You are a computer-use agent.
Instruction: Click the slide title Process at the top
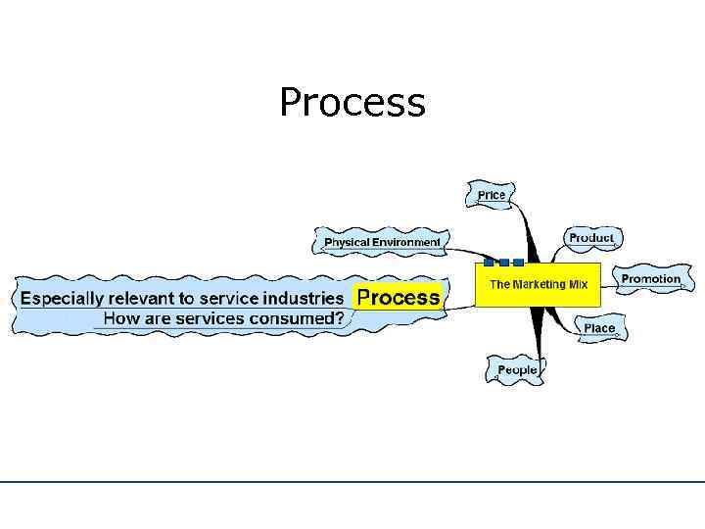pos(352,103)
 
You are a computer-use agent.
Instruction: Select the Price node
pos(492,195)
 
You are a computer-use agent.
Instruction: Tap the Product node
pos(591,238)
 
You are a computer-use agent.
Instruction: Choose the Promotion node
pos(650,279)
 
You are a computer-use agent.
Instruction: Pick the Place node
pos(599,328)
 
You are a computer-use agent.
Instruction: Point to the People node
pos(517,370)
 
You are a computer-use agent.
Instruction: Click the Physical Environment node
pos(382,242)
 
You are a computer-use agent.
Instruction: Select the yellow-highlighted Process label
pos(398,298)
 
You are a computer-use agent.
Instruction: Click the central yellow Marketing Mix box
pos(539,285)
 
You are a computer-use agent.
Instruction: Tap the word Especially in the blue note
pos(65,299)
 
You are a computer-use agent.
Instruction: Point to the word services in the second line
pos(197,318)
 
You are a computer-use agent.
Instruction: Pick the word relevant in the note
pos(145,299)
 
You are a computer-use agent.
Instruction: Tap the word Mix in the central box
pos(578,284)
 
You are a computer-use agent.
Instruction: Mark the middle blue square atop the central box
pos(503,263)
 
